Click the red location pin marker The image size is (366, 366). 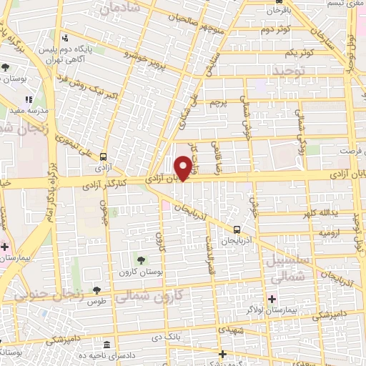point(183,167)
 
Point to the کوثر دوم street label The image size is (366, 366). point(275,30)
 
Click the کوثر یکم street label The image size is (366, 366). point(299,54)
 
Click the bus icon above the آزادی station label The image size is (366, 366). point(104,157)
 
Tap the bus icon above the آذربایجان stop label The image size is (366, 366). point(237,229)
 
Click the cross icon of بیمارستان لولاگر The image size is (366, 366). point(272,298)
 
